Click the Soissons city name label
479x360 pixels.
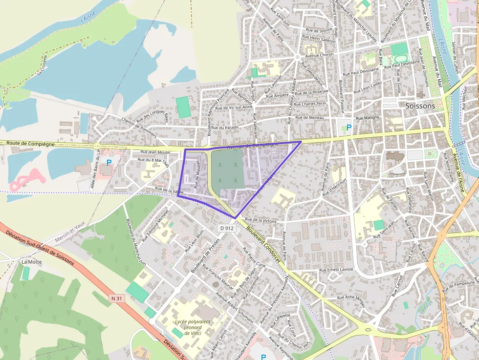[x=420, y=106]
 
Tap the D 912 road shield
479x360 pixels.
[x=226, y=228]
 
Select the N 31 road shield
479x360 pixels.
[x=117, y=298]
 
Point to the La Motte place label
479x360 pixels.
[x=32, y=262]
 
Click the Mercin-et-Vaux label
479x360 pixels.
[x=70, y=231]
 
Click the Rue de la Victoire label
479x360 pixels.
[x=261, y=220]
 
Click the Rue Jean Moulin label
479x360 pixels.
[x=155, y=152]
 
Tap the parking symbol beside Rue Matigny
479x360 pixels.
[x=348, y=128]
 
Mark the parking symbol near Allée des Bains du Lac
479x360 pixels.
[x=109, y=162]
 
